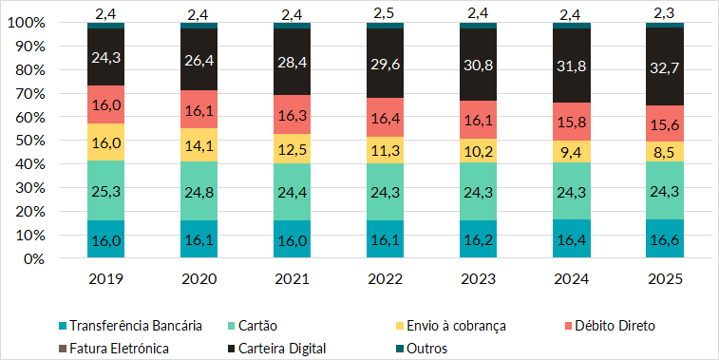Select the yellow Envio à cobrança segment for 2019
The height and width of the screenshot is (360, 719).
[x=105, y=142]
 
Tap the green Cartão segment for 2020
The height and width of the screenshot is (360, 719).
[x=199, y=191]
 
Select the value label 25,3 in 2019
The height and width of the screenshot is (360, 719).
[x=105, y=190]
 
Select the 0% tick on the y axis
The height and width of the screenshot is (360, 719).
[x=36, y=258]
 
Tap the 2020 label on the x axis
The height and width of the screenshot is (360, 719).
[x=199, y=280]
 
